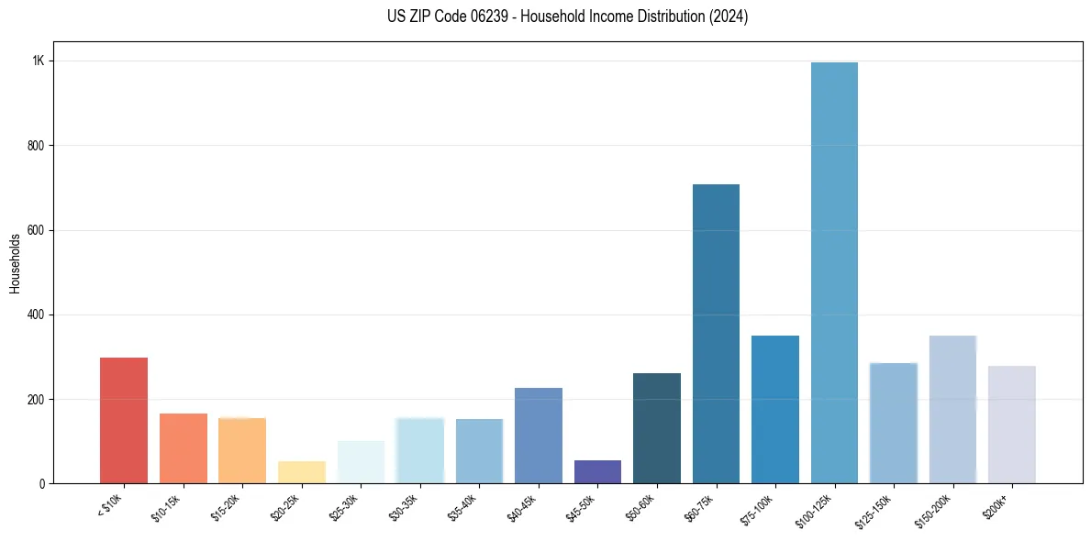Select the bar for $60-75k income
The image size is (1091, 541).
[716, 334]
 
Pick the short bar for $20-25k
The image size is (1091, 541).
[302, 472]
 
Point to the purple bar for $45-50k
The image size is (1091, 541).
[597, 471]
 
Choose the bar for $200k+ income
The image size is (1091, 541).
[1012, 425]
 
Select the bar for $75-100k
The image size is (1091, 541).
[775, 409]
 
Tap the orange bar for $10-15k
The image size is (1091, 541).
[184, 448]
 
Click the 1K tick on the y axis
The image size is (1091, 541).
[39, 61]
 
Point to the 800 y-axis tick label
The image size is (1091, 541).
[36, 146]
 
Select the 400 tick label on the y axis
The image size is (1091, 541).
[36, 315]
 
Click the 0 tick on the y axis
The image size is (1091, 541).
[42, 484]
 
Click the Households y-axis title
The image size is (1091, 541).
[15, 263]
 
